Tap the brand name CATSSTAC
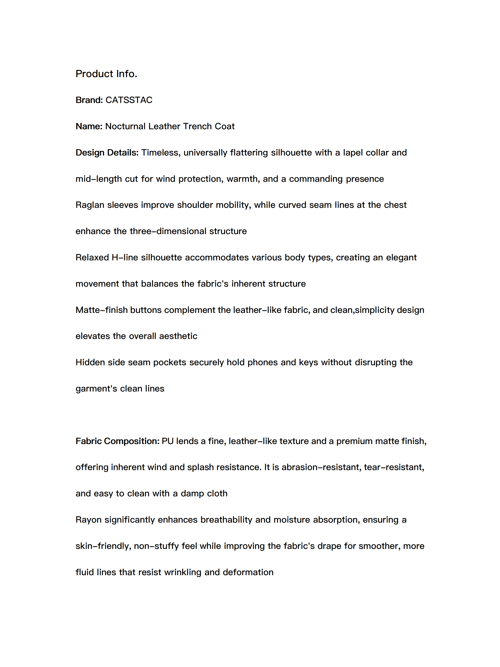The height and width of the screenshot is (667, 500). [129, 100]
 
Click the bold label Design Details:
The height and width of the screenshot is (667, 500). [107, 152]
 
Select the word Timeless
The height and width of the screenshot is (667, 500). [161, 152]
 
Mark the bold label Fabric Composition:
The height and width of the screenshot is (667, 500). [117, 441]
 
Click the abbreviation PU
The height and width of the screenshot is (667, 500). [168, 441]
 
